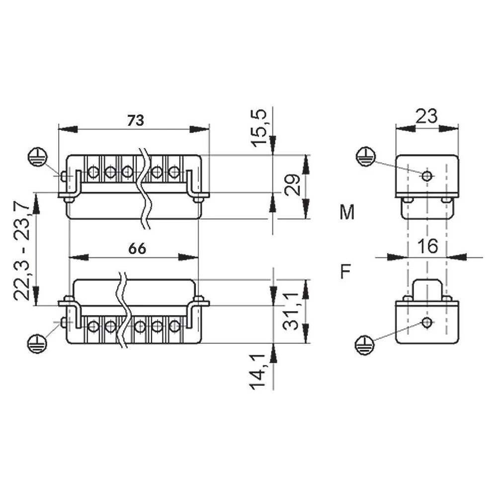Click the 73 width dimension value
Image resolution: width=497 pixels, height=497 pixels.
(x=135, y=120)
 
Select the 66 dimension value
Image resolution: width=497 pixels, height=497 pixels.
(x=137, y=248)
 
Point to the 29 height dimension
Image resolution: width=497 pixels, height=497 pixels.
(x=293, y=185)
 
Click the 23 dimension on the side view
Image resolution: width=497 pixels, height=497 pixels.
(x=426, y=116)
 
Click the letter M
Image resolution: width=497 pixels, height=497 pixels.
(x=347, y=213)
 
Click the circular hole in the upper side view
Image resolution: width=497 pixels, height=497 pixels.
(x=426, y=176)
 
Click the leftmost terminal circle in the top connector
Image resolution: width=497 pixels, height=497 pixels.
(x=93, y=172)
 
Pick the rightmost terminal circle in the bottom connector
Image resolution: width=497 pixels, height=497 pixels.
(x=174, y=327)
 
